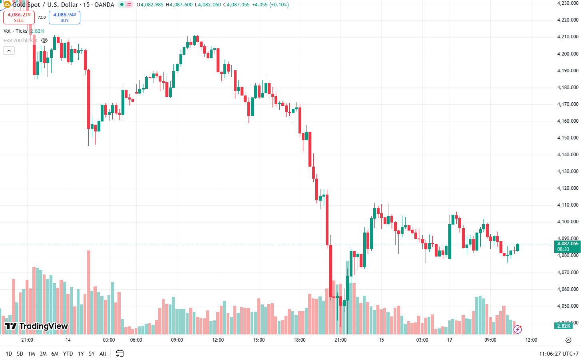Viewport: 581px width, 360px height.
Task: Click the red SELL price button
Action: (x=19, y=17)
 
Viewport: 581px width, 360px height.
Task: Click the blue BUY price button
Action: (x=64, y=17)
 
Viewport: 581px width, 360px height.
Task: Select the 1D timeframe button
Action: (x=9, y=354)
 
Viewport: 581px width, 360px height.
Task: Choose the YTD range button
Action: (x=68, y=354)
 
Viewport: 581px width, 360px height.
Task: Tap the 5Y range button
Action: (x=92, y=354)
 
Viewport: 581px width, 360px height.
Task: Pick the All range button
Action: (x=103, y=354)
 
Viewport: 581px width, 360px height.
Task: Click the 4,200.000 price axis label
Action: (x=567, y=54)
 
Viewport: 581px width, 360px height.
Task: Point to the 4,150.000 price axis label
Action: (x=567, y=138)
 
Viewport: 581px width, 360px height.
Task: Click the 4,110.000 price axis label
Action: (x=567, y=205)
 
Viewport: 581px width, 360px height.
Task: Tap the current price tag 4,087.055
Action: (x=567, y=244)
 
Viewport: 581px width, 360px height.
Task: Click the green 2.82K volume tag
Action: (x=563, y=326)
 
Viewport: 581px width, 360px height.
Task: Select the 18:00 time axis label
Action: (x=300, y=340)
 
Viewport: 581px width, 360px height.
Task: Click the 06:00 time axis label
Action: (x=136, y=340)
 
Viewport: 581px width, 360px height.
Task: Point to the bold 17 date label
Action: (x=450, y=340)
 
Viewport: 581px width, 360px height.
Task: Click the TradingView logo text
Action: (x=37, y=326)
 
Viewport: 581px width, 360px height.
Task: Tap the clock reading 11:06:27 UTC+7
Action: (x=559, y=354)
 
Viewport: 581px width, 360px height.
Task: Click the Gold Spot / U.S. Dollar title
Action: (x=45, y=5)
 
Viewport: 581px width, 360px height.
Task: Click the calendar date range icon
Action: (x=119, y=353)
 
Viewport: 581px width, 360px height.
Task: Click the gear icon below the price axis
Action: (x=568, y=340)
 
